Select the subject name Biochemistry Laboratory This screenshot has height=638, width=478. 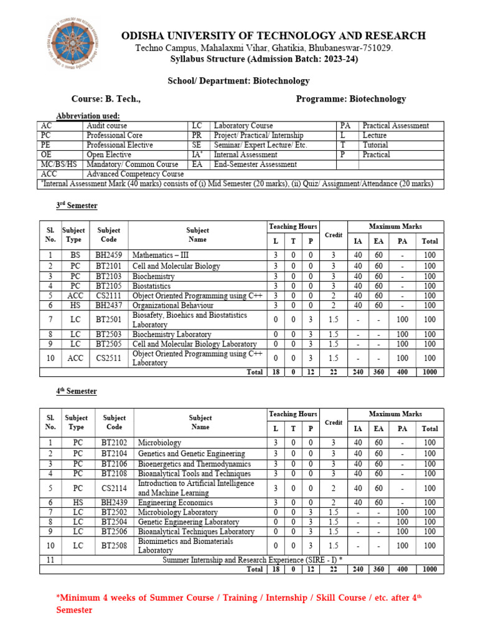click(172, 335)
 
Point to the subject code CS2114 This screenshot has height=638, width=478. click(114, 488)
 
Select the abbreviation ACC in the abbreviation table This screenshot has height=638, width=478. click(49, 174)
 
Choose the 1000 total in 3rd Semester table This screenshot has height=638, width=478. click(429, 372)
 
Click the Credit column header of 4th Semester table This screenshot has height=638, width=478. click(334, 422)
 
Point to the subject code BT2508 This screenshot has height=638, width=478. click(114, 546)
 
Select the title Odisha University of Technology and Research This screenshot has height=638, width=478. click(273, 36)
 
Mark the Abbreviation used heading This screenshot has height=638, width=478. click(88, 116)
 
